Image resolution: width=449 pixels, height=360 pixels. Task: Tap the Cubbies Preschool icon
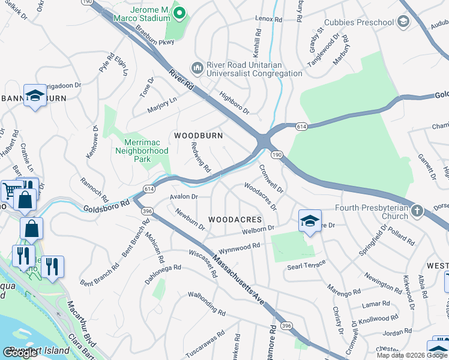[403, 23]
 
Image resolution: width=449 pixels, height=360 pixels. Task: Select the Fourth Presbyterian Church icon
[417, 211]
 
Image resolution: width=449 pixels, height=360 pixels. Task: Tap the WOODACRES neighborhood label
[235, 220]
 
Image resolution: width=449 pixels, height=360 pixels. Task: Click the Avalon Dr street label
[184, 196]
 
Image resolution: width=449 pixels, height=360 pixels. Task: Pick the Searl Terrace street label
[306, 264]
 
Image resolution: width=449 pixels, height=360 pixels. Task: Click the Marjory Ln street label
[161, 105]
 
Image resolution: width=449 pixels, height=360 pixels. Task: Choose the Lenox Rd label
[268, 19]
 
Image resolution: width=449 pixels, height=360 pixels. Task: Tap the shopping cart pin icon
[10, 190]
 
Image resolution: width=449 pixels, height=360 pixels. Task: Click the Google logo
[20, 353]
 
